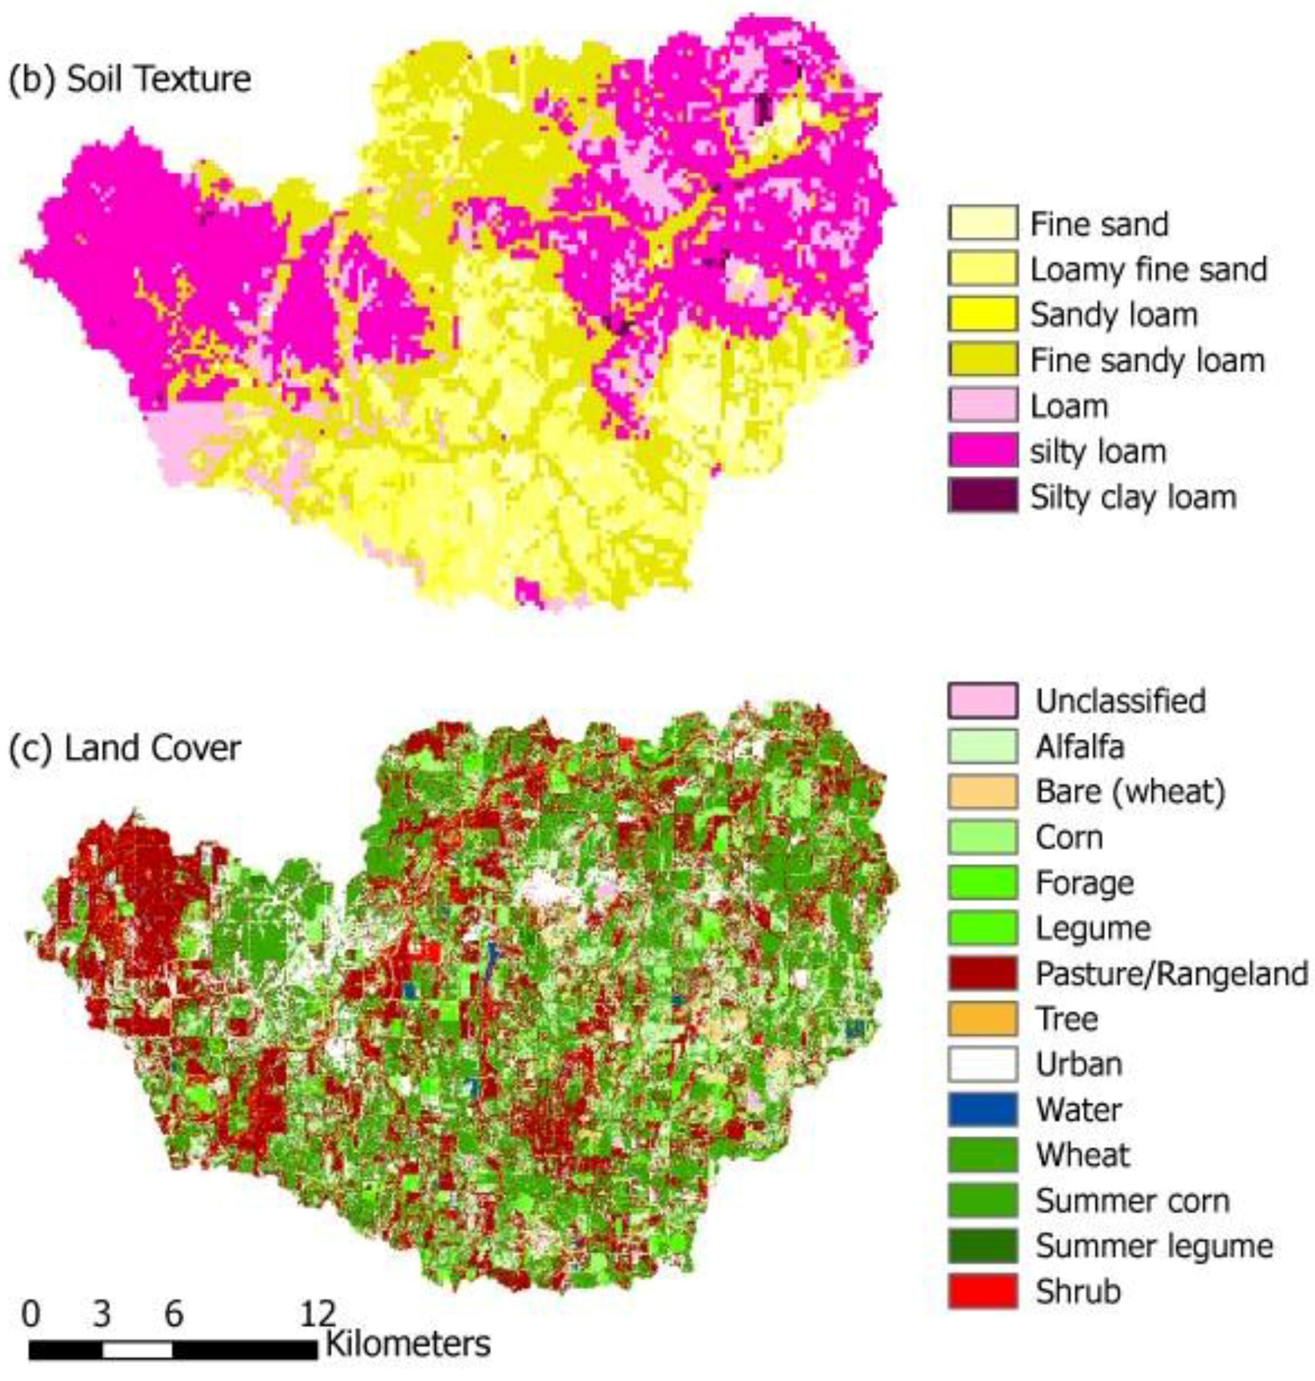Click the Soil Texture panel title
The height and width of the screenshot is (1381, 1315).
click(130, 79)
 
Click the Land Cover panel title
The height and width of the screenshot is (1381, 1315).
click(125, 749)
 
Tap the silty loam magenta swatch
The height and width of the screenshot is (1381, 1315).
click(983, 451)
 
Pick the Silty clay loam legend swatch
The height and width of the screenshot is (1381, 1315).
click(983, 497)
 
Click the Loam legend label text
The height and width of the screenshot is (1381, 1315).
click(1069, 406)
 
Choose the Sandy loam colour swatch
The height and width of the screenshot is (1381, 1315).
click(983, 314)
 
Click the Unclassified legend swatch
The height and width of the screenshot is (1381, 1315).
click(983, 700)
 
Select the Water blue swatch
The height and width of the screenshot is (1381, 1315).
click(983, 1109)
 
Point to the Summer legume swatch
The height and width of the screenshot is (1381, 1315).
click(983, 1246)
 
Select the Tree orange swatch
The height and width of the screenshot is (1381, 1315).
click(983, 1019)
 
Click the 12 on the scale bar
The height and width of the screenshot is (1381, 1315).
click(318, 1314)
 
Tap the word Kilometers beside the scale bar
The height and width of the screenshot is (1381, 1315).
click(408, 1344)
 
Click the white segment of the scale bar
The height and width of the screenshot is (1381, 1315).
click(137, 1349)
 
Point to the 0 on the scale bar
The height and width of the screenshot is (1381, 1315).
click(30, 1314)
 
